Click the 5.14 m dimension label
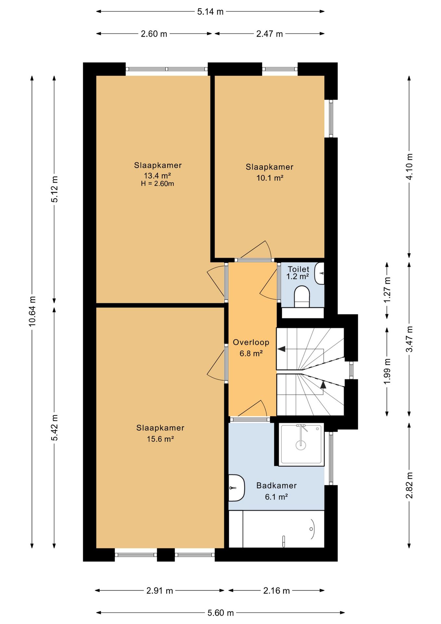click(x=210, y=12)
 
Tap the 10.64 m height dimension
click(x=32, y=311)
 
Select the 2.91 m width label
click(x=159, y=591)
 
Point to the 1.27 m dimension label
click(x=387, y=290)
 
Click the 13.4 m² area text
click(x=157, y=176)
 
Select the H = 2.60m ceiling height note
click(x=157, y=184)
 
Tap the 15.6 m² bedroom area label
click(x=160, y=439)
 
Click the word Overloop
click(x=251, y=342)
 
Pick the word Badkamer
click(x=276, y=486)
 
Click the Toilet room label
click(x=298, y=269)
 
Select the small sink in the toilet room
click(x=320, y=273)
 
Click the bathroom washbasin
click(x=236, y=488)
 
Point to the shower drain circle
click(x=301, y=445)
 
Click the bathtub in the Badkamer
click(x=277, y=529)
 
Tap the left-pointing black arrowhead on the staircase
click(x=281, y=349)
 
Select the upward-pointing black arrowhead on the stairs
click(x=323, y=384)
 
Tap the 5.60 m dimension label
click(x=221, y=613)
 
